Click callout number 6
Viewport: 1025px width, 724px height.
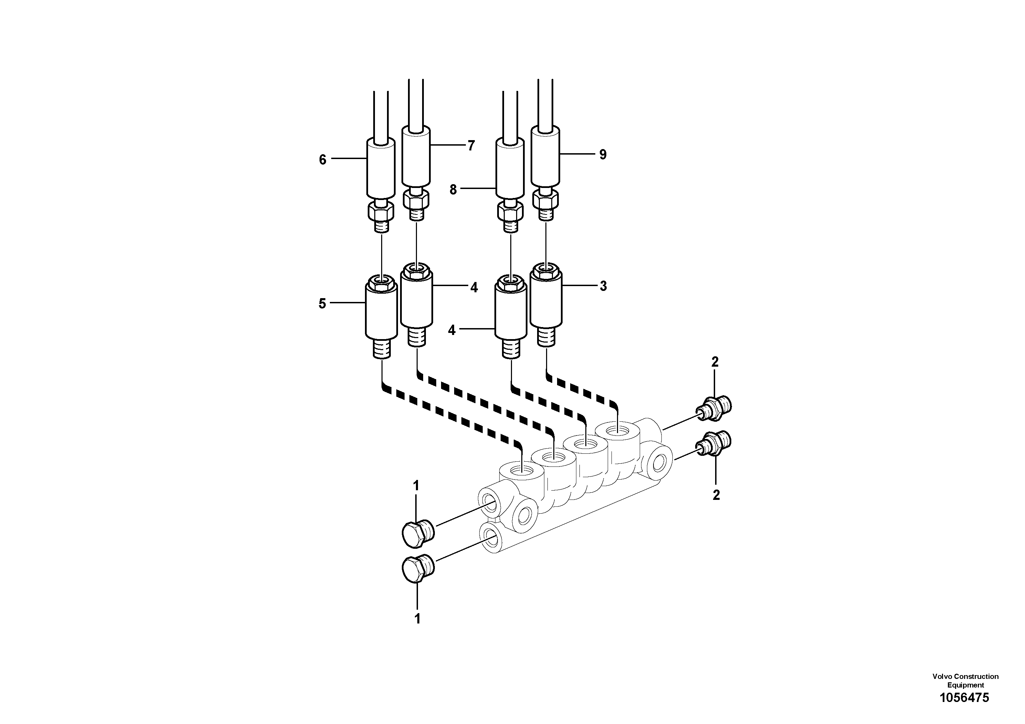(322, 160)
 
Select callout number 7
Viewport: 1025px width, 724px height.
(471, 146)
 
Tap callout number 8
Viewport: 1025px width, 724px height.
(453, 190)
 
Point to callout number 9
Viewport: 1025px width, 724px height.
(603, 155)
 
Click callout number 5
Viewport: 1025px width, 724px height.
(322, 304)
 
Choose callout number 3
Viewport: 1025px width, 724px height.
(603, 286)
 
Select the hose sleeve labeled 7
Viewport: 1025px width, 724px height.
(416, 155)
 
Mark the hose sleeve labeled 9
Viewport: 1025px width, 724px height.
(545, 155)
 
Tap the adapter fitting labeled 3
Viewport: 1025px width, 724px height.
(545, 301)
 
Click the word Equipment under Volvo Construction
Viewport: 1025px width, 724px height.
(966, 685)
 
